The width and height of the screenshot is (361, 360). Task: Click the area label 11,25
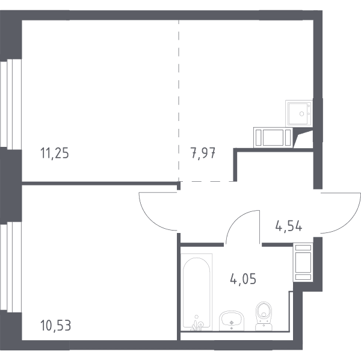pos(55,153)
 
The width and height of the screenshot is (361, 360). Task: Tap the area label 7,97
pos(203,153)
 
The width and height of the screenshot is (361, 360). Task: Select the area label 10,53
pos(55,326)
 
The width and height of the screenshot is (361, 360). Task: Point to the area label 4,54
pos(289,226)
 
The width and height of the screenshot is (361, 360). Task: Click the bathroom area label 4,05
pos(243,279)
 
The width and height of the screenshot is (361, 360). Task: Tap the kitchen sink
pos(299,113)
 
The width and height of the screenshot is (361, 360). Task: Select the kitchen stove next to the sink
pos(273,137)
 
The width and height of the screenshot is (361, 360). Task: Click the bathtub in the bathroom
pos(196,292)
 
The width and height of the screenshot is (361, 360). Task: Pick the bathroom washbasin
pos(232,321)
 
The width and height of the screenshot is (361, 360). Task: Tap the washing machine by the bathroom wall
pos(303,262)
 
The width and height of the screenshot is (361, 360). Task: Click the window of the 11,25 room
pos(11,103)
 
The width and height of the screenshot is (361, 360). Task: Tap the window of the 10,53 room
pos(11,267)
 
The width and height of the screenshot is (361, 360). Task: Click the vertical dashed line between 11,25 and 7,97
pos(179,101)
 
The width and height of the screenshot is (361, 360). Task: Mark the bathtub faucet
pos(197,324)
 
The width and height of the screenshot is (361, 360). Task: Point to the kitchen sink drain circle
pos(301,114)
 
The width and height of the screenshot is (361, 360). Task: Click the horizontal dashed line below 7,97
pos(206,181)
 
